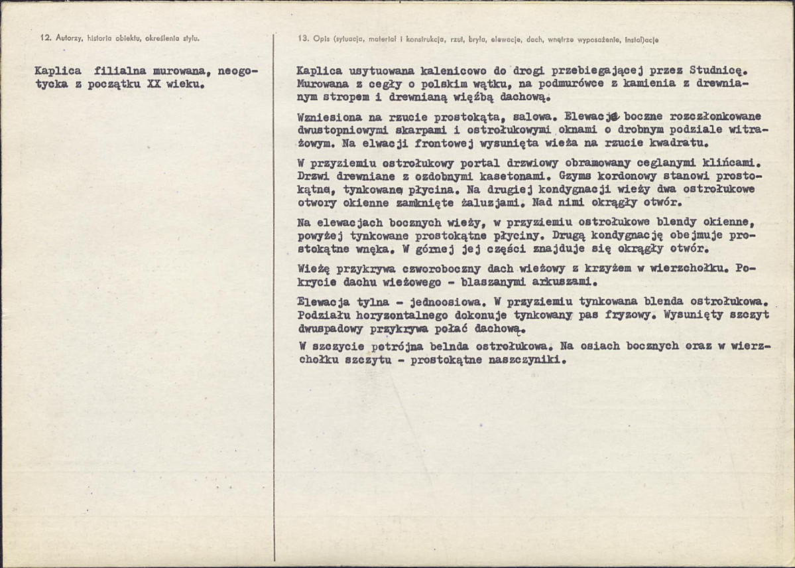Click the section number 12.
pyautogui.click(x=44, y=38)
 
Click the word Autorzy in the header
pyautogui.click(x=67, y=38)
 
